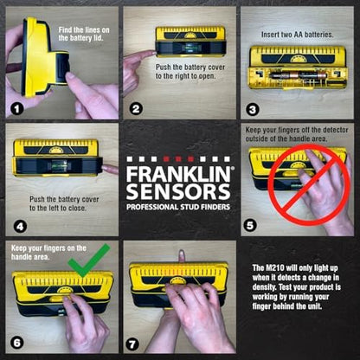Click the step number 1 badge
17,109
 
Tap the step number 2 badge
136,109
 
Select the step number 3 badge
253,109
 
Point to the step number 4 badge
20,226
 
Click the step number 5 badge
250,225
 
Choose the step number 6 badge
17,343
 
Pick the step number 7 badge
132,344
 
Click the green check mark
88,260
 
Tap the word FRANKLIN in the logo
178,174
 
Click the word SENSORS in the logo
178,191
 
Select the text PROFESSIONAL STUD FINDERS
178,207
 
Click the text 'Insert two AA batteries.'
297,35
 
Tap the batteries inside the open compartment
299,76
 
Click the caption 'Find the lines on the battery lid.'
84,34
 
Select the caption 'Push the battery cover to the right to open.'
190,72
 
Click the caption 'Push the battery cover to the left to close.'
64,203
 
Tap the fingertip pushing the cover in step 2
153,54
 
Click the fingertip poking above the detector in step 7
182,255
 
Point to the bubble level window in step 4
59,165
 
